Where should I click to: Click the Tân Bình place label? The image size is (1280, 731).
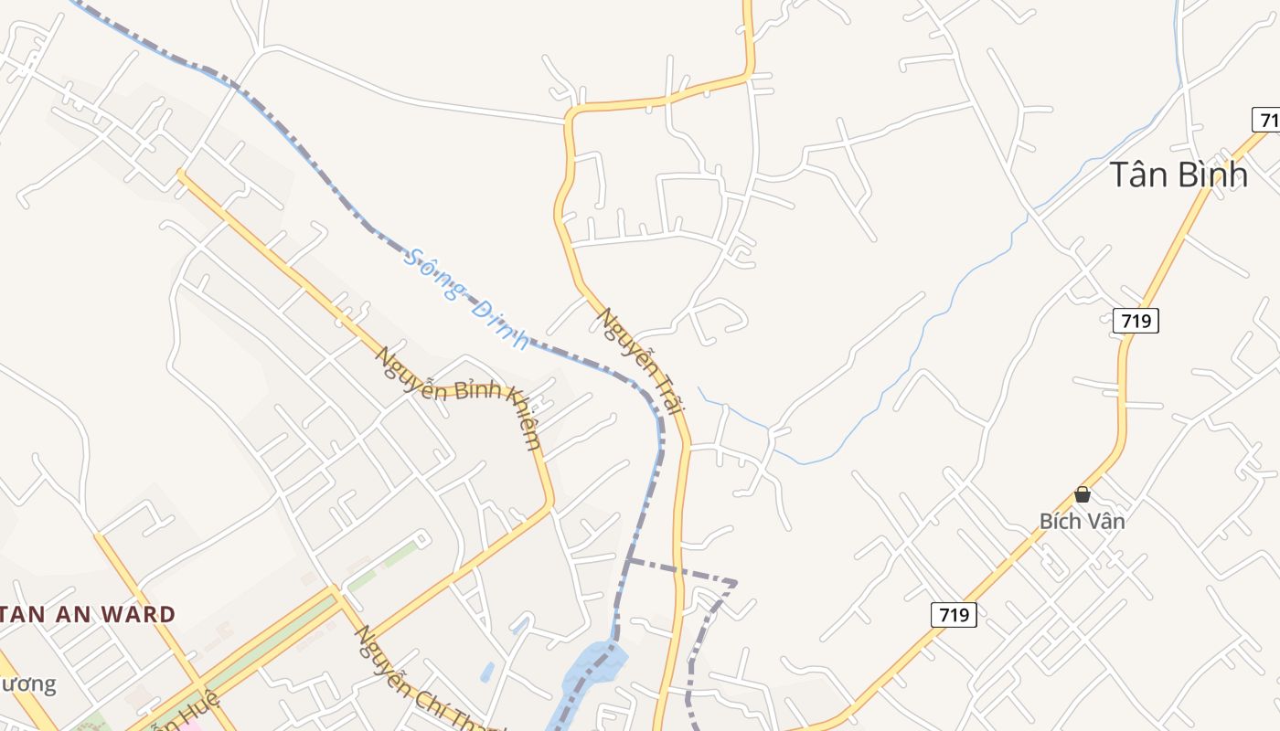pyautogui.click(x=1179, y=174)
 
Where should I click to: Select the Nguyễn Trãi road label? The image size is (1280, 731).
pyautogui.click(x=641, y=361)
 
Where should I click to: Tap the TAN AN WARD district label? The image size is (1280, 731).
pyautogui.click(x=88, y=614)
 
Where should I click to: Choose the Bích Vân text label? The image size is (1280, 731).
pyautogui.click(x=1082, y=521)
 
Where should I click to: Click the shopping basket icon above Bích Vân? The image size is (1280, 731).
pyautogui.click(x=1083, y=494)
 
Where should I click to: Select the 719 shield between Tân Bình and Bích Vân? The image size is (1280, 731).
pyautogui.click(x=1136, y=321)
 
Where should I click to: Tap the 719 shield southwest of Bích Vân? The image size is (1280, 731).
pyautogui.click(x=954, y=615)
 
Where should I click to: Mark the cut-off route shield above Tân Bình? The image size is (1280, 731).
pyautogui.click(x=1266, y=120)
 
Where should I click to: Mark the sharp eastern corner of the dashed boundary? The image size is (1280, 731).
pyautogui.click(x=735, y=582)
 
